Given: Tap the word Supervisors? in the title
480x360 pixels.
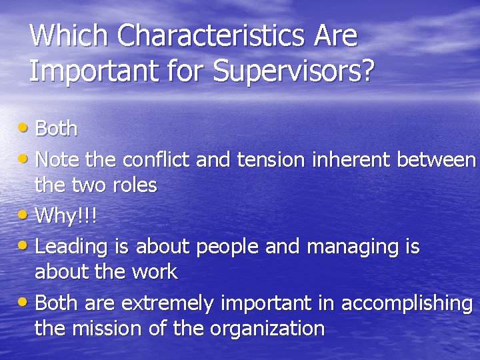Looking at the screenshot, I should (293, 71).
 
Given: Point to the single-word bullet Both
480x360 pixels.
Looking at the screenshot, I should (56, 128).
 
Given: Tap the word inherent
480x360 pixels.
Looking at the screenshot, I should (351, 160).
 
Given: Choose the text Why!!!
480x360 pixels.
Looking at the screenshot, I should (65, 215).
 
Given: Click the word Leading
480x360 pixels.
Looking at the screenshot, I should (71, 247).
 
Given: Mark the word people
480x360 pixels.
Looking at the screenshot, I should (228, 247).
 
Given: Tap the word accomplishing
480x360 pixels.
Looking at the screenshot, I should (407, 303).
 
